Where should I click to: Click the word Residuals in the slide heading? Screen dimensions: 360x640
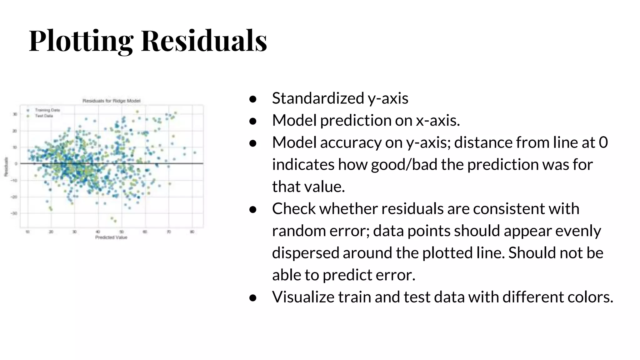204,41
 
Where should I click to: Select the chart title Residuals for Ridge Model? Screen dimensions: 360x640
111,101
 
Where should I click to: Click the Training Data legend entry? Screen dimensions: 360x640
47,110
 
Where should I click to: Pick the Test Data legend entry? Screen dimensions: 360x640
44,116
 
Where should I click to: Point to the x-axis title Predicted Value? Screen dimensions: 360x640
111,237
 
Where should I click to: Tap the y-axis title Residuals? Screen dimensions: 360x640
6,167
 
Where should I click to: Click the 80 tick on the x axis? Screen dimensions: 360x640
192,232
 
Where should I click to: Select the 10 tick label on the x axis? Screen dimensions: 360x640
27,232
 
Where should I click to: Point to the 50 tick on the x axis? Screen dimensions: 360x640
122,232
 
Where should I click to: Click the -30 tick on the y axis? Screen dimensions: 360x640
15,213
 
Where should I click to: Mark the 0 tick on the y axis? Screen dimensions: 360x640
16,163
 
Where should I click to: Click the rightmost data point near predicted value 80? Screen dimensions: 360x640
195,153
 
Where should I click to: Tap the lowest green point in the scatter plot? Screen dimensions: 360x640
115,221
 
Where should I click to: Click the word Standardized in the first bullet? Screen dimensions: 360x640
318,98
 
